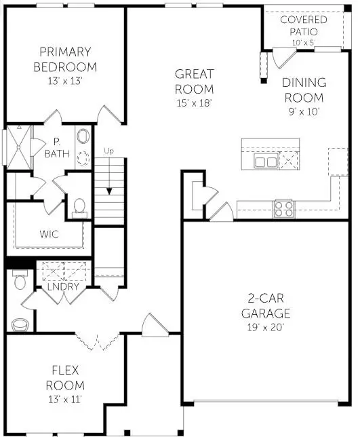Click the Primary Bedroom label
point(67,60)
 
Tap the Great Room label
point(194,81)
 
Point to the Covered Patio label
point(303,26)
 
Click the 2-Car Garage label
point(268,305)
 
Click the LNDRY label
point(64,287)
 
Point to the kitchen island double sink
point(265,161)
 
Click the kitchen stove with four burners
point(283,208)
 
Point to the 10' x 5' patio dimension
point(303,43)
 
